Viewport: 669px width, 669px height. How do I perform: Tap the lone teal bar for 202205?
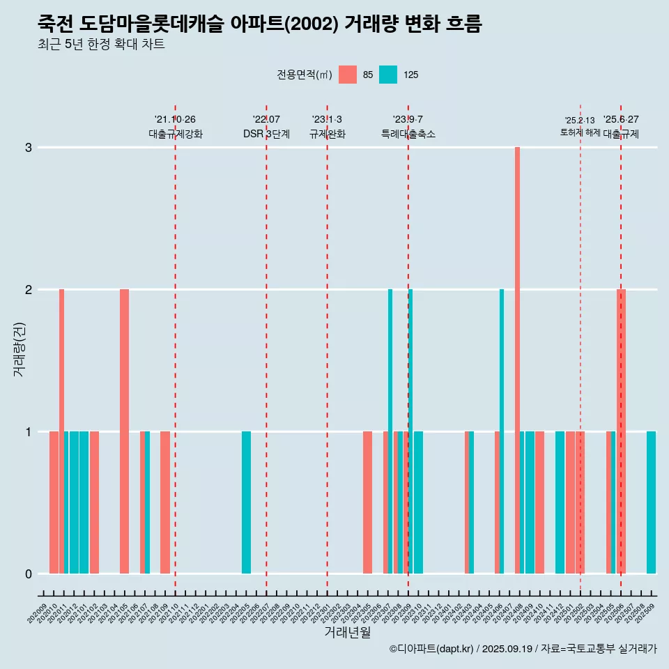(x=246, y=502)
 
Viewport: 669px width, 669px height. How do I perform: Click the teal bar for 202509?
(x=651, y=502)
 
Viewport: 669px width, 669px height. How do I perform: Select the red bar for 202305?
(x=367, y=502)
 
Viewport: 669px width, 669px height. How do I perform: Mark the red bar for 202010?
(x=54, y=502)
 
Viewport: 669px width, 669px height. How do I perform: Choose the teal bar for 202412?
(x=560, y=502)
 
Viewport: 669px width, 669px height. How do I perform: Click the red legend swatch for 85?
(x=348, y=75)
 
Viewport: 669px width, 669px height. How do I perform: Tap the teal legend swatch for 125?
(x=388, y=75)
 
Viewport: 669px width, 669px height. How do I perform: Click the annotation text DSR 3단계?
(x=266, y=134)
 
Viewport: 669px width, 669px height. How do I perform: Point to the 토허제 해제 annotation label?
(x=580, y=132)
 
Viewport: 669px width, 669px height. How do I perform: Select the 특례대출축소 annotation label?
(x=408, y=134)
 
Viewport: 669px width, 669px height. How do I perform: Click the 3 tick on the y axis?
(x=29, y=148)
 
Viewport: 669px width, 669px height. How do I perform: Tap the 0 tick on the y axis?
(x=29, y=574)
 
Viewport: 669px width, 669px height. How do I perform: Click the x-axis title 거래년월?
(x=347, y=633)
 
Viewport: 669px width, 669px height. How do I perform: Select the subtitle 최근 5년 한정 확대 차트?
(x=101, y=45)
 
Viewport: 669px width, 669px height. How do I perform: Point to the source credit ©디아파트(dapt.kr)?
(x=432, y=649)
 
